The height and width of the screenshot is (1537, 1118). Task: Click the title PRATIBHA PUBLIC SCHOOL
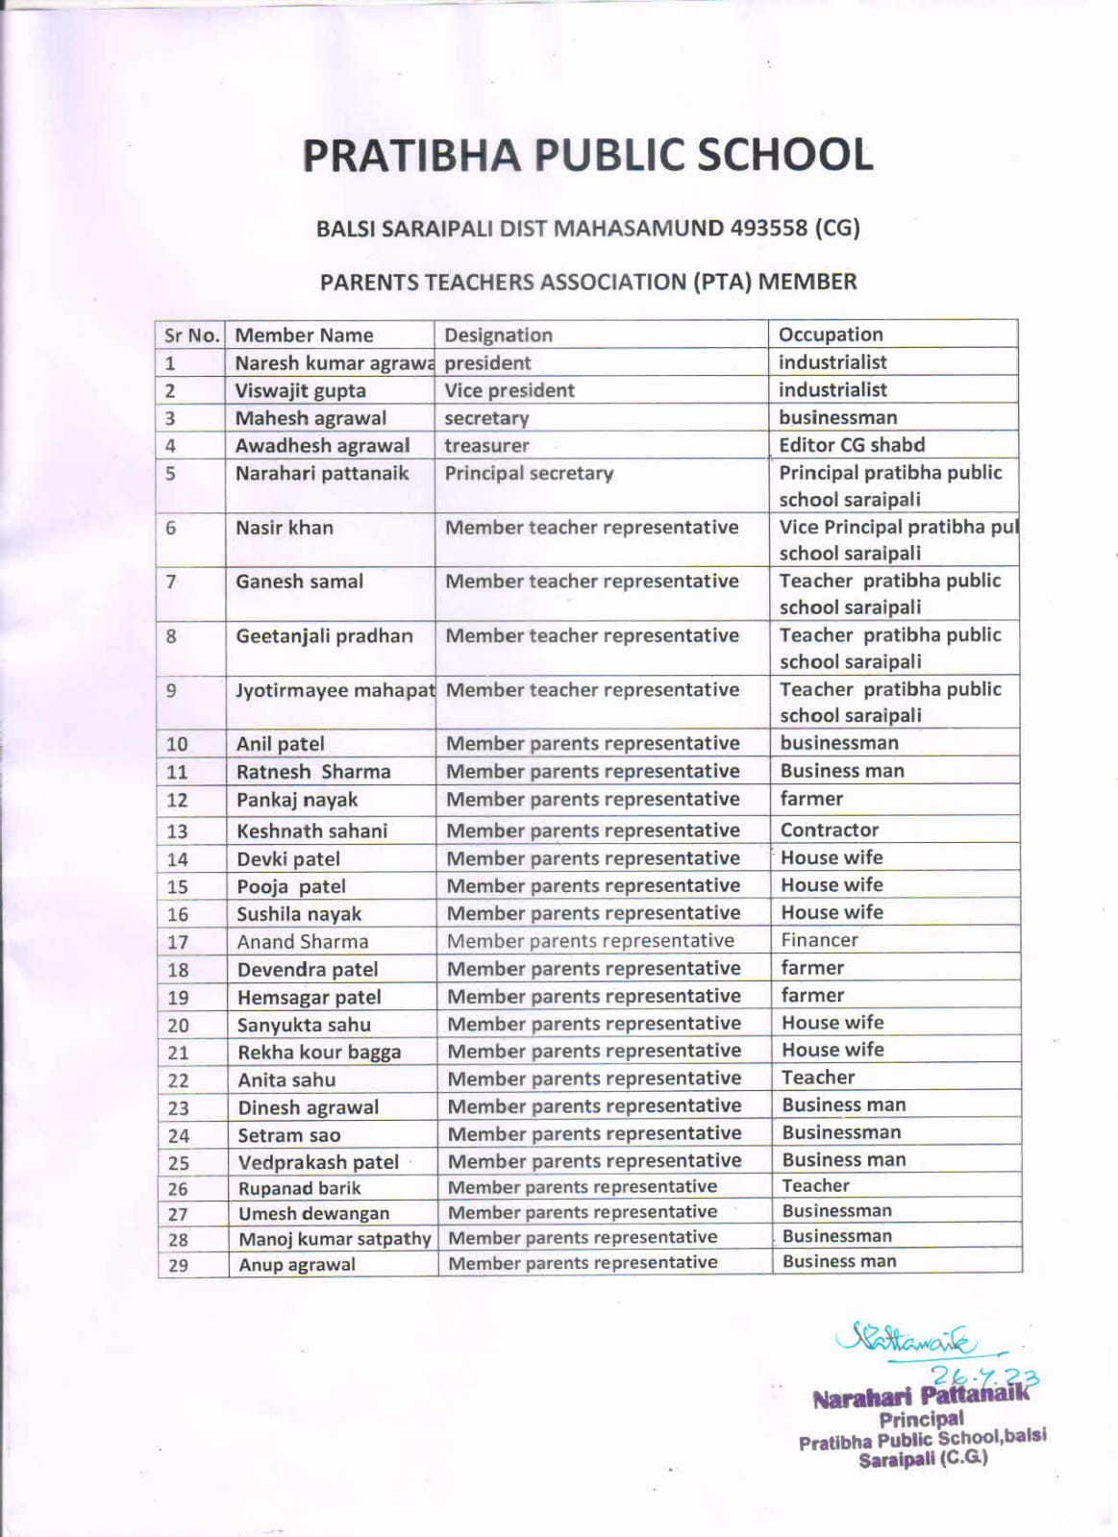point(587,156)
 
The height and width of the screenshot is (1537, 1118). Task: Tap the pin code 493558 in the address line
point(768,229)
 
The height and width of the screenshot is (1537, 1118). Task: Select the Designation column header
point(498,335)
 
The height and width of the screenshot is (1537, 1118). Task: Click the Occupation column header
point(831,335)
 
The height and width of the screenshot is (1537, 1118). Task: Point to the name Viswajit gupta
point(300,391)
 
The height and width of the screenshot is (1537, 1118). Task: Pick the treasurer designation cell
point(486,446)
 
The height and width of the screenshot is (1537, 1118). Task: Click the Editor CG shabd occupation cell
point(851,445)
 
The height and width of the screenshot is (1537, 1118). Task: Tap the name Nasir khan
point(285,528)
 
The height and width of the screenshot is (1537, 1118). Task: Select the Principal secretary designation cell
point(528,473)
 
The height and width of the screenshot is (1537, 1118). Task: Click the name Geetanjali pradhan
point(324,636)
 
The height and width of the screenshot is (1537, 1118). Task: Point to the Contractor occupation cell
point(829,830)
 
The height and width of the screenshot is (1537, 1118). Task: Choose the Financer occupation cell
point(819,940)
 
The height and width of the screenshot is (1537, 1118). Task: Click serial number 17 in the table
point(178,943)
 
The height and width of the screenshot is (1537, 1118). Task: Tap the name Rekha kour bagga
point(319,1053)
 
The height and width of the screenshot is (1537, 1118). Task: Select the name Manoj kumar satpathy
point(335,1239)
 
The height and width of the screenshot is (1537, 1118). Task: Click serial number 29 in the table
point(178,1266)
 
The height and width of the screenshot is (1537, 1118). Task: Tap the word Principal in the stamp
point(921,1419)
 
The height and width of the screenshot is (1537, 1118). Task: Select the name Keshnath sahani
point(311,831)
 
